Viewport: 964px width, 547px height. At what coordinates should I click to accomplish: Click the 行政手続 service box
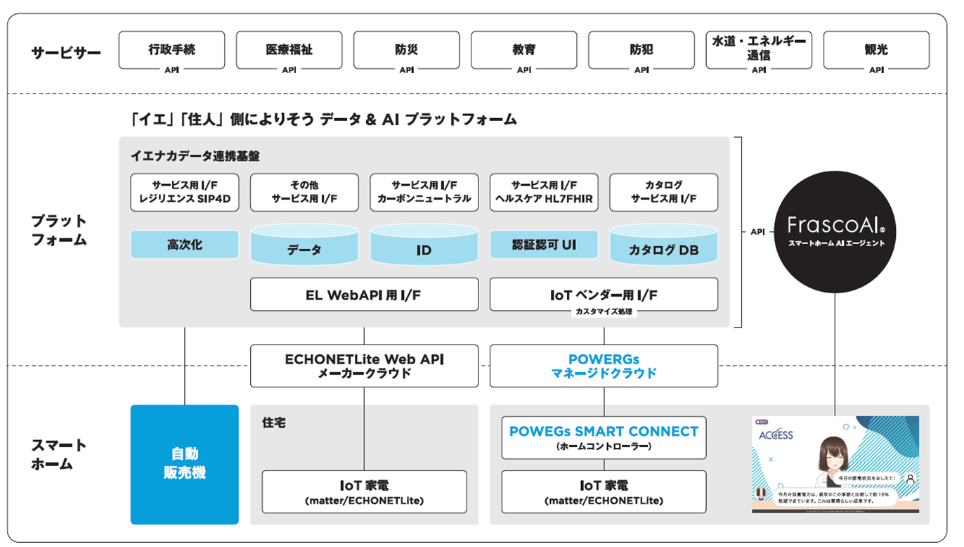tap(171, 50)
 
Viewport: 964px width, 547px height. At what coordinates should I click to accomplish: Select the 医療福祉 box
tap(289, 50)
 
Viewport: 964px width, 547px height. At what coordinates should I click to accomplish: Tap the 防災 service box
tap(406, 50)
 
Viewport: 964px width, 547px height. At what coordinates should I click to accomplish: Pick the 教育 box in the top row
tap(523, 50)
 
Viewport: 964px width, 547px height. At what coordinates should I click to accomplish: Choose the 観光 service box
tap(875, 50)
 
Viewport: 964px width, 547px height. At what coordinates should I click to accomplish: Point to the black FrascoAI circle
tap(835, 231)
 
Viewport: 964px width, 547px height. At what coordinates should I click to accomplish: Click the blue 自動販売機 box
tap(184, 464)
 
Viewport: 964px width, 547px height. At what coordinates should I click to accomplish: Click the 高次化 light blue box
tap(184, 245)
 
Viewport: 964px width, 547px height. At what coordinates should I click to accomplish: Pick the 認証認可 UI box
tap(543, 245)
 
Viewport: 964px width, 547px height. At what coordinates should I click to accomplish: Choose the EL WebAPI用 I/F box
tap(364, 295)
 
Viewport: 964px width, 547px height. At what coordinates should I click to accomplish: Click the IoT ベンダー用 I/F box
tap(604, 295)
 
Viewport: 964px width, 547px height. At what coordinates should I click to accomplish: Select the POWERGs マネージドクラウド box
tap(604, 366)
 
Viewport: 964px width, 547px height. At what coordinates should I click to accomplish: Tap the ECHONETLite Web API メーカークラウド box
tap(364, 366)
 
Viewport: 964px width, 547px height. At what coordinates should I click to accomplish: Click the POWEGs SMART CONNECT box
tap(604, 437)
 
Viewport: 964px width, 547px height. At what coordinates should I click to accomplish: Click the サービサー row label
tap(66, 53)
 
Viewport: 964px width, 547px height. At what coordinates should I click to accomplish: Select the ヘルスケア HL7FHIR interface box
tap(543, 192)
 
